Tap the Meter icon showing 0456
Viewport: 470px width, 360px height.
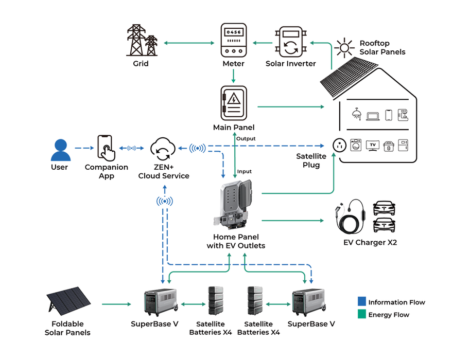[233, 40]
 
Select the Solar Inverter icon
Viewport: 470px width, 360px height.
[291, 42]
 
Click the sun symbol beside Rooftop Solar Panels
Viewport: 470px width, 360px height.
[344, 48]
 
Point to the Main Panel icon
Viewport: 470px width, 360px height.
[234, 103]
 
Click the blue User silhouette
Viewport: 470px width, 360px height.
[60, 150]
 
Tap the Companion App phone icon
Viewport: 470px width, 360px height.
[106, 149]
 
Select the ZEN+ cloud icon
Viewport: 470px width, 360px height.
[163, 150]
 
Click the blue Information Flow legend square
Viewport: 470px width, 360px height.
[361, 302]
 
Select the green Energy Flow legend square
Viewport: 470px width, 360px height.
[361, 314]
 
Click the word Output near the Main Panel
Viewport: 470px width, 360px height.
[246, 139]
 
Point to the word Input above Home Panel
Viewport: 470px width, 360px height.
[245, 171]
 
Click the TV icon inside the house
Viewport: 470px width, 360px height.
[372, 146]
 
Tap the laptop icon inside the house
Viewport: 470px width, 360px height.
[373, 116]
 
